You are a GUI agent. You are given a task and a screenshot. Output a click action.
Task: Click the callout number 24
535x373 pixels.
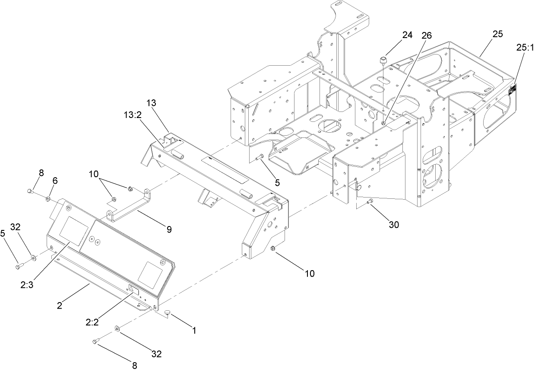(408, 35)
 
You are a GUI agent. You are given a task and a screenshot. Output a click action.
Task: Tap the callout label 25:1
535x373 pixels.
(524, 48)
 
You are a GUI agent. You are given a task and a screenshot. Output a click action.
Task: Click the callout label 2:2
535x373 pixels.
(93, 322)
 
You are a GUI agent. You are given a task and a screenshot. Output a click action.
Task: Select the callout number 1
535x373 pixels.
(194, 331)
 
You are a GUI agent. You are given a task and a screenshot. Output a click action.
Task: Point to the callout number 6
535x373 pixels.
(54, 180)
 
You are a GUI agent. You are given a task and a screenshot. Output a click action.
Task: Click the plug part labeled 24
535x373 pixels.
(383, 59)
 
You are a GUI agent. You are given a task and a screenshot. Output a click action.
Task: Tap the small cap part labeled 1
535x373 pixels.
(168, 312)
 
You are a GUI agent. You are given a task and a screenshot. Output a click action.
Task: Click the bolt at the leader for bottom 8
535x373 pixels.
(96, 342)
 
